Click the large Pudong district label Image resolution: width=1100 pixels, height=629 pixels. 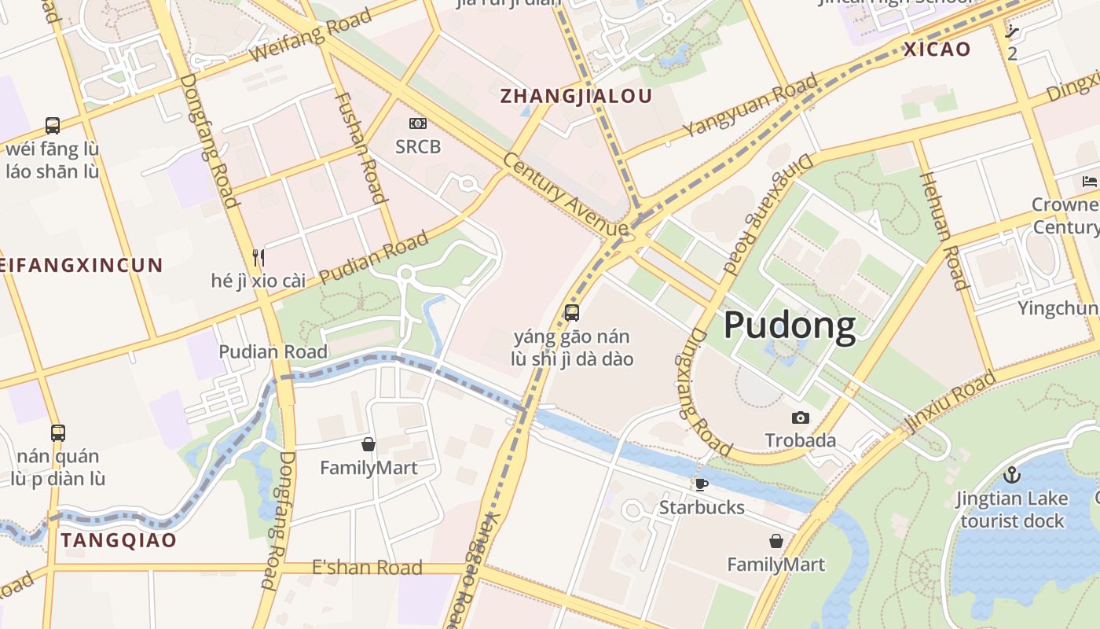[789, 326]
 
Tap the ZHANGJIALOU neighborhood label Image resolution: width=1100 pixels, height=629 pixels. [577, 97]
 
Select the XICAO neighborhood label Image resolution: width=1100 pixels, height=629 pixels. [937, 50]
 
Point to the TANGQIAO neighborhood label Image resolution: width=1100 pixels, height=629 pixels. [119, 541]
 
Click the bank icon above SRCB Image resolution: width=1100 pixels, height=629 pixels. [418, 123]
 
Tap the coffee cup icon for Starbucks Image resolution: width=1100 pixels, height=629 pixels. [702, 484]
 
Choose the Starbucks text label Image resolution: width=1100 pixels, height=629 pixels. [702, 507]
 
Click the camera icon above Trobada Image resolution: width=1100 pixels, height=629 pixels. [801, 417]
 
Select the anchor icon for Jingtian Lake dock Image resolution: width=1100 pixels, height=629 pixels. [1012, 475]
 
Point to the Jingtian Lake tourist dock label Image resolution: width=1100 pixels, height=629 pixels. [1012, 509]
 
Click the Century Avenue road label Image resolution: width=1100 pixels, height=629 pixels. [566, 193]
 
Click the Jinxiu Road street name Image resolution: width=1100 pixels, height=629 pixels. [951, 402]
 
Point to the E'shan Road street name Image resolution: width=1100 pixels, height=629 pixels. [367, 568]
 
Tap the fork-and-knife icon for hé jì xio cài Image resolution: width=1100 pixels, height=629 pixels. [258, 257]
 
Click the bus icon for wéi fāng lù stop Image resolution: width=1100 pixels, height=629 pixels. [53, 125]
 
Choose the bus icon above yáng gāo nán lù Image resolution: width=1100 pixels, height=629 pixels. [572, 313]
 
